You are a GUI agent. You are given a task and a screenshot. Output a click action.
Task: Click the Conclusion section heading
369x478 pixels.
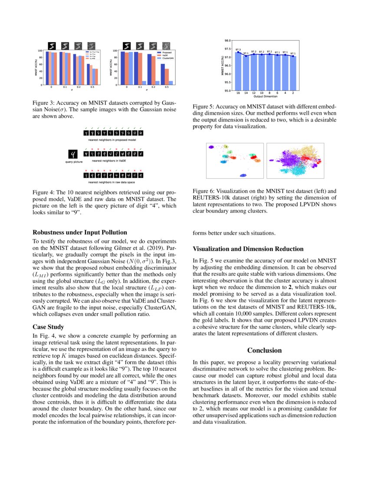(264, 350)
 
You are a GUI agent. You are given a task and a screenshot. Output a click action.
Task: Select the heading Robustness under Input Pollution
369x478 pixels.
(80, 232)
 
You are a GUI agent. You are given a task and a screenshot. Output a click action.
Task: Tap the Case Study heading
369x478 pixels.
(48, 327)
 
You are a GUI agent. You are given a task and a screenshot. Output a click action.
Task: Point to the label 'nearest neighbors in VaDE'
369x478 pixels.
(112, 161)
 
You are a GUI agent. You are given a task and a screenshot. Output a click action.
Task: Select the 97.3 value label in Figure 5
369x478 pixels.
(238, 50)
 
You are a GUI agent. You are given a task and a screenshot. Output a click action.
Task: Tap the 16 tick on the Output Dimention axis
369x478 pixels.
(238, 93)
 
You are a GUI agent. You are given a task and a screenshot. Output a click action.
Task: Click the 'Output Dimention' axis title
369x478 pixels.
(265, 96)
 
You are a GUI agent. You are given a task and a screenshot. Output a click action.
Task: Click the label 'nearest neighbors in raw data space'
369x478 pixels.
(112, 182)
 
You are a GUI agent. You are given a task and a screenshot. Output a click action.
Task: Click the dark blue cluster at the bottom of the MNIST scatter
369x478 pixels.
(243, 175)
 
